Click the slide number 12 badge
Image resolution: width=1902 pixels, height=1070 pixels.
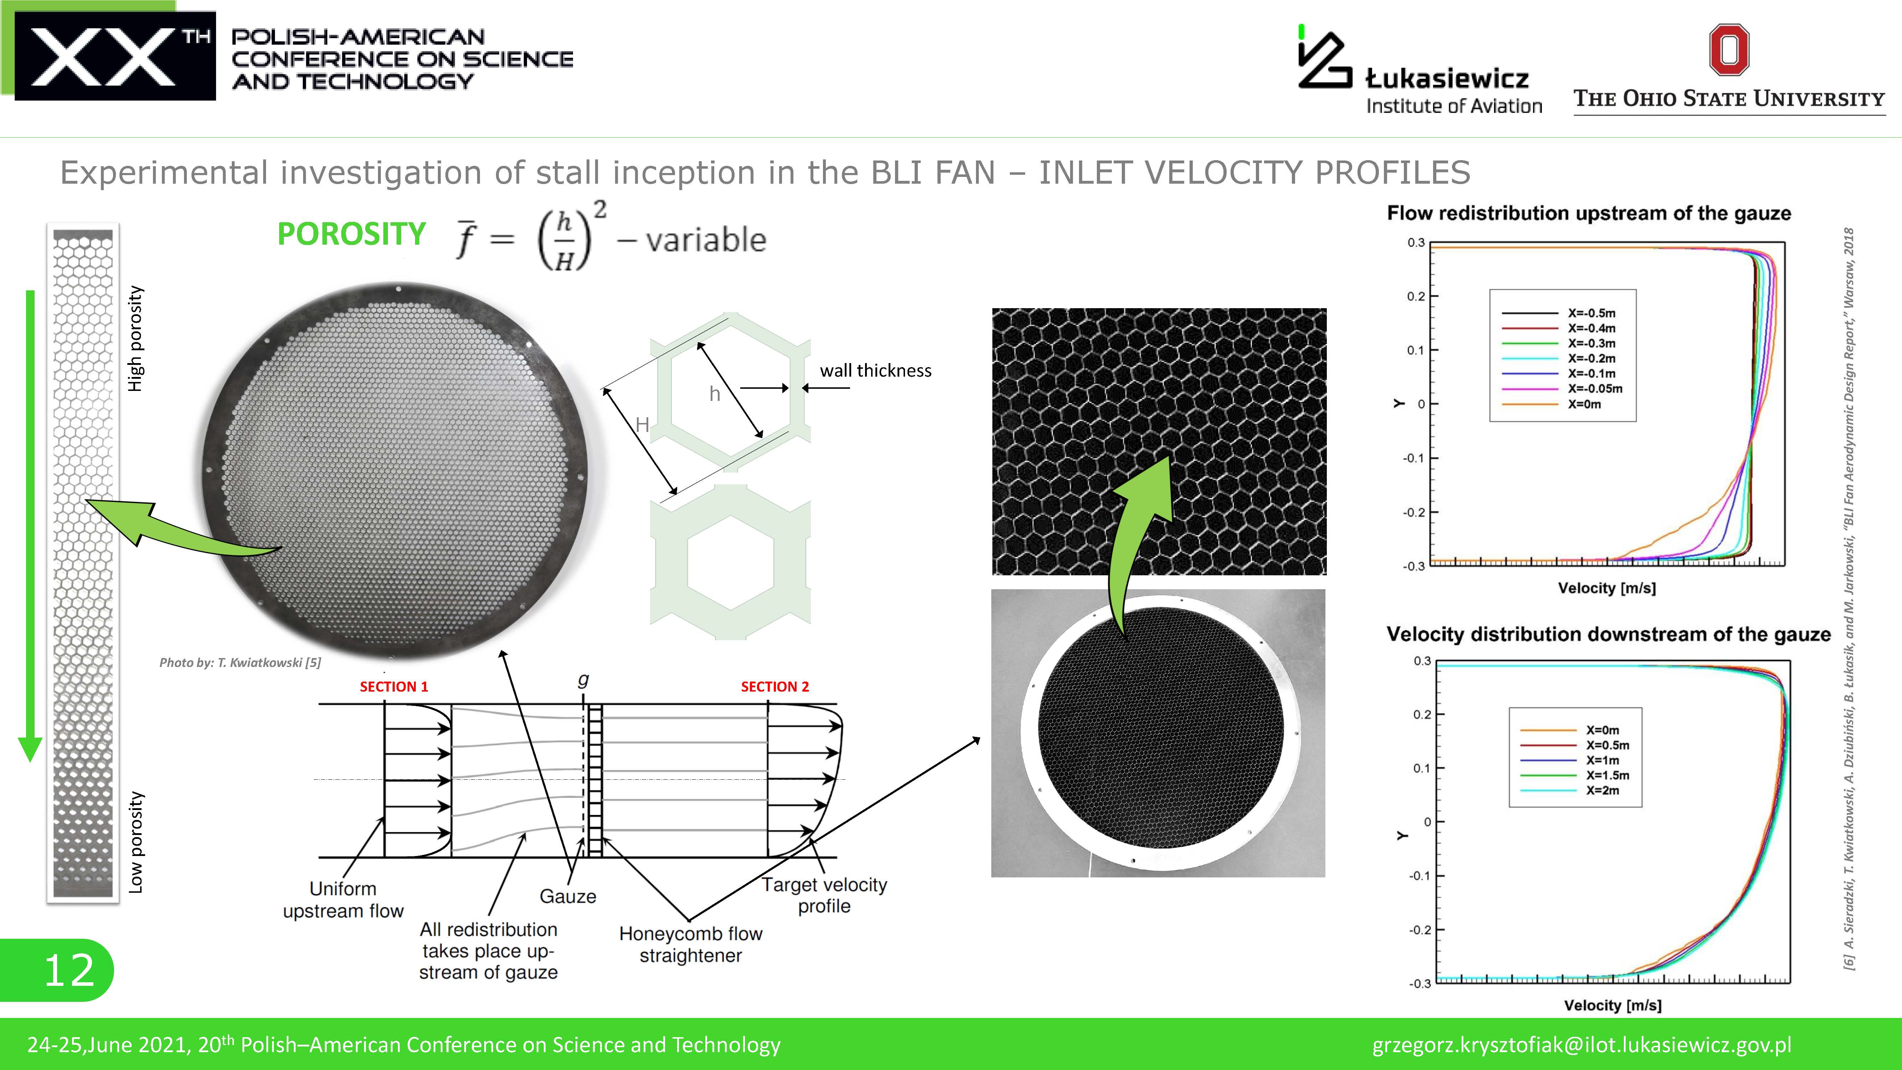pyautogui.click(x=57, y=969)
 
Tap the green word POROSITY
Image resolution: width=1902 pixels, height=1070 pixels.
pyautogui.click(x=352, y=234)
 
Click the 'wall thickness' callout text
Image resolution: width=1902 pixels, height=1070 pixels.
pyautogui.click(x=876, y=371)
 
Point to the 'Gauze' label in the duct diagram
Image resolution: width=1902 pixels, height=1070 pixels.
pyautogui.click(x=568, y=896)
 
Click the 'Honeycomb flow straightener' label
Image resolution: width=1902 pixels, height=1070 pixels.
pyautogui.click(x=690, y=944)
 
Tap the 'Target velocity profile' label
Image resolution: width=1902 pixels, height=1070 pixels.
pyautogui.click(x=824, y=895)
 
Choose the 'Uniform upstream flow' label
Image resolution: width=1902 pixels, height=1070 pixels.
pyautogui.click(x=343, y=900)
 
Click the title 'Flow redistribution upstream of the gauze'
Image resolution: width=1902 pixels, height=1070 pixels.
pyautogui.click(x=1589, y=213)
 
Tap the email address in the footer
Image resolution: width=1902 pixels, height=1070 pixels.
pyautogui.click(x=1581, y=1045)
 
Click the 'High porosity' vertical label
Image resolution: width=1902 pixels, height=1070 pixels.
pyautogui.click(x=135, y=339)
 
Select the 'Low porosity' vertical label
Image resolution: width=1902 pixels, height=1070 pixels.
pyautogui.click(x=135, y=842)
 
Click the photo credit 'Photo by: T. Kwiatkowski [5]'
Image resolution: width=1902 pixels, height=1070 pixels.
pyautogui.click(x=240, y=662)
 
